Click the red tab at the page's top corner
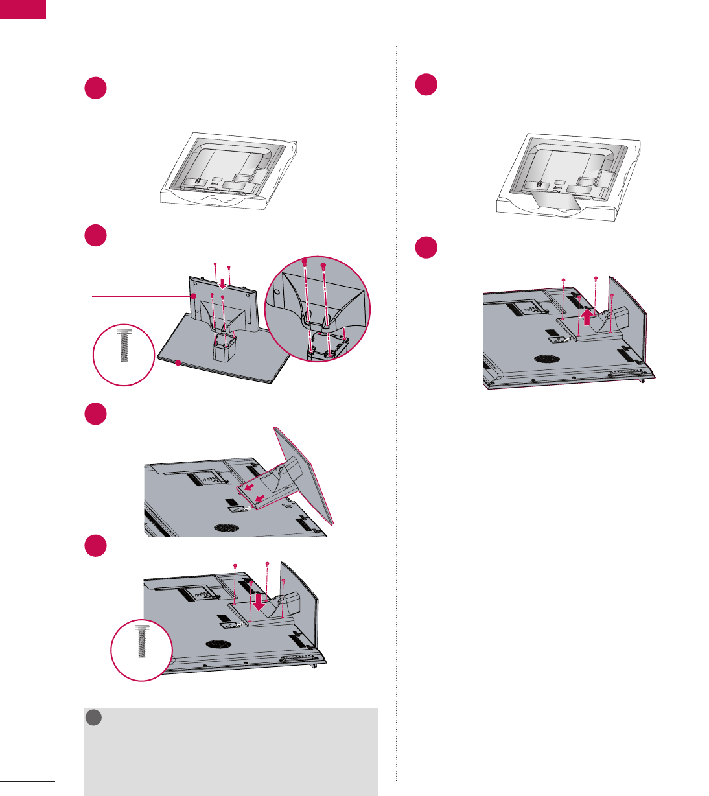tap(23, 9)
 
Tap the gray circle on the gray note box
tap(95, 717)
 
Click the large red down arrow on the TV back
tap(259, 602)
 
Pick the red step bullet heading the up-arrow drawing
tap(426, 249)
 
